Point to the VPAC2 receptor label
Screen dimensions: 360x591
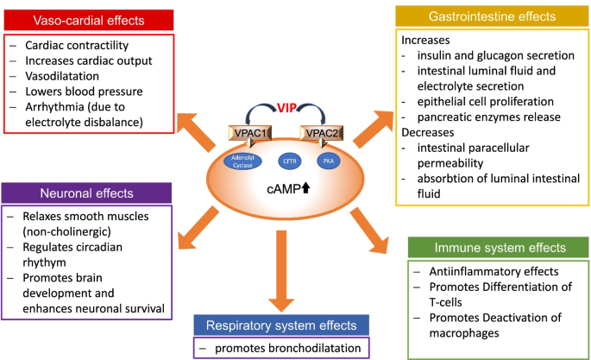pyautogui.click(x=317, y=133)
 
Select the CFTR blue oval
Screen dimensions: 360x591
pyautogui.click(x=289, y=161)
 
